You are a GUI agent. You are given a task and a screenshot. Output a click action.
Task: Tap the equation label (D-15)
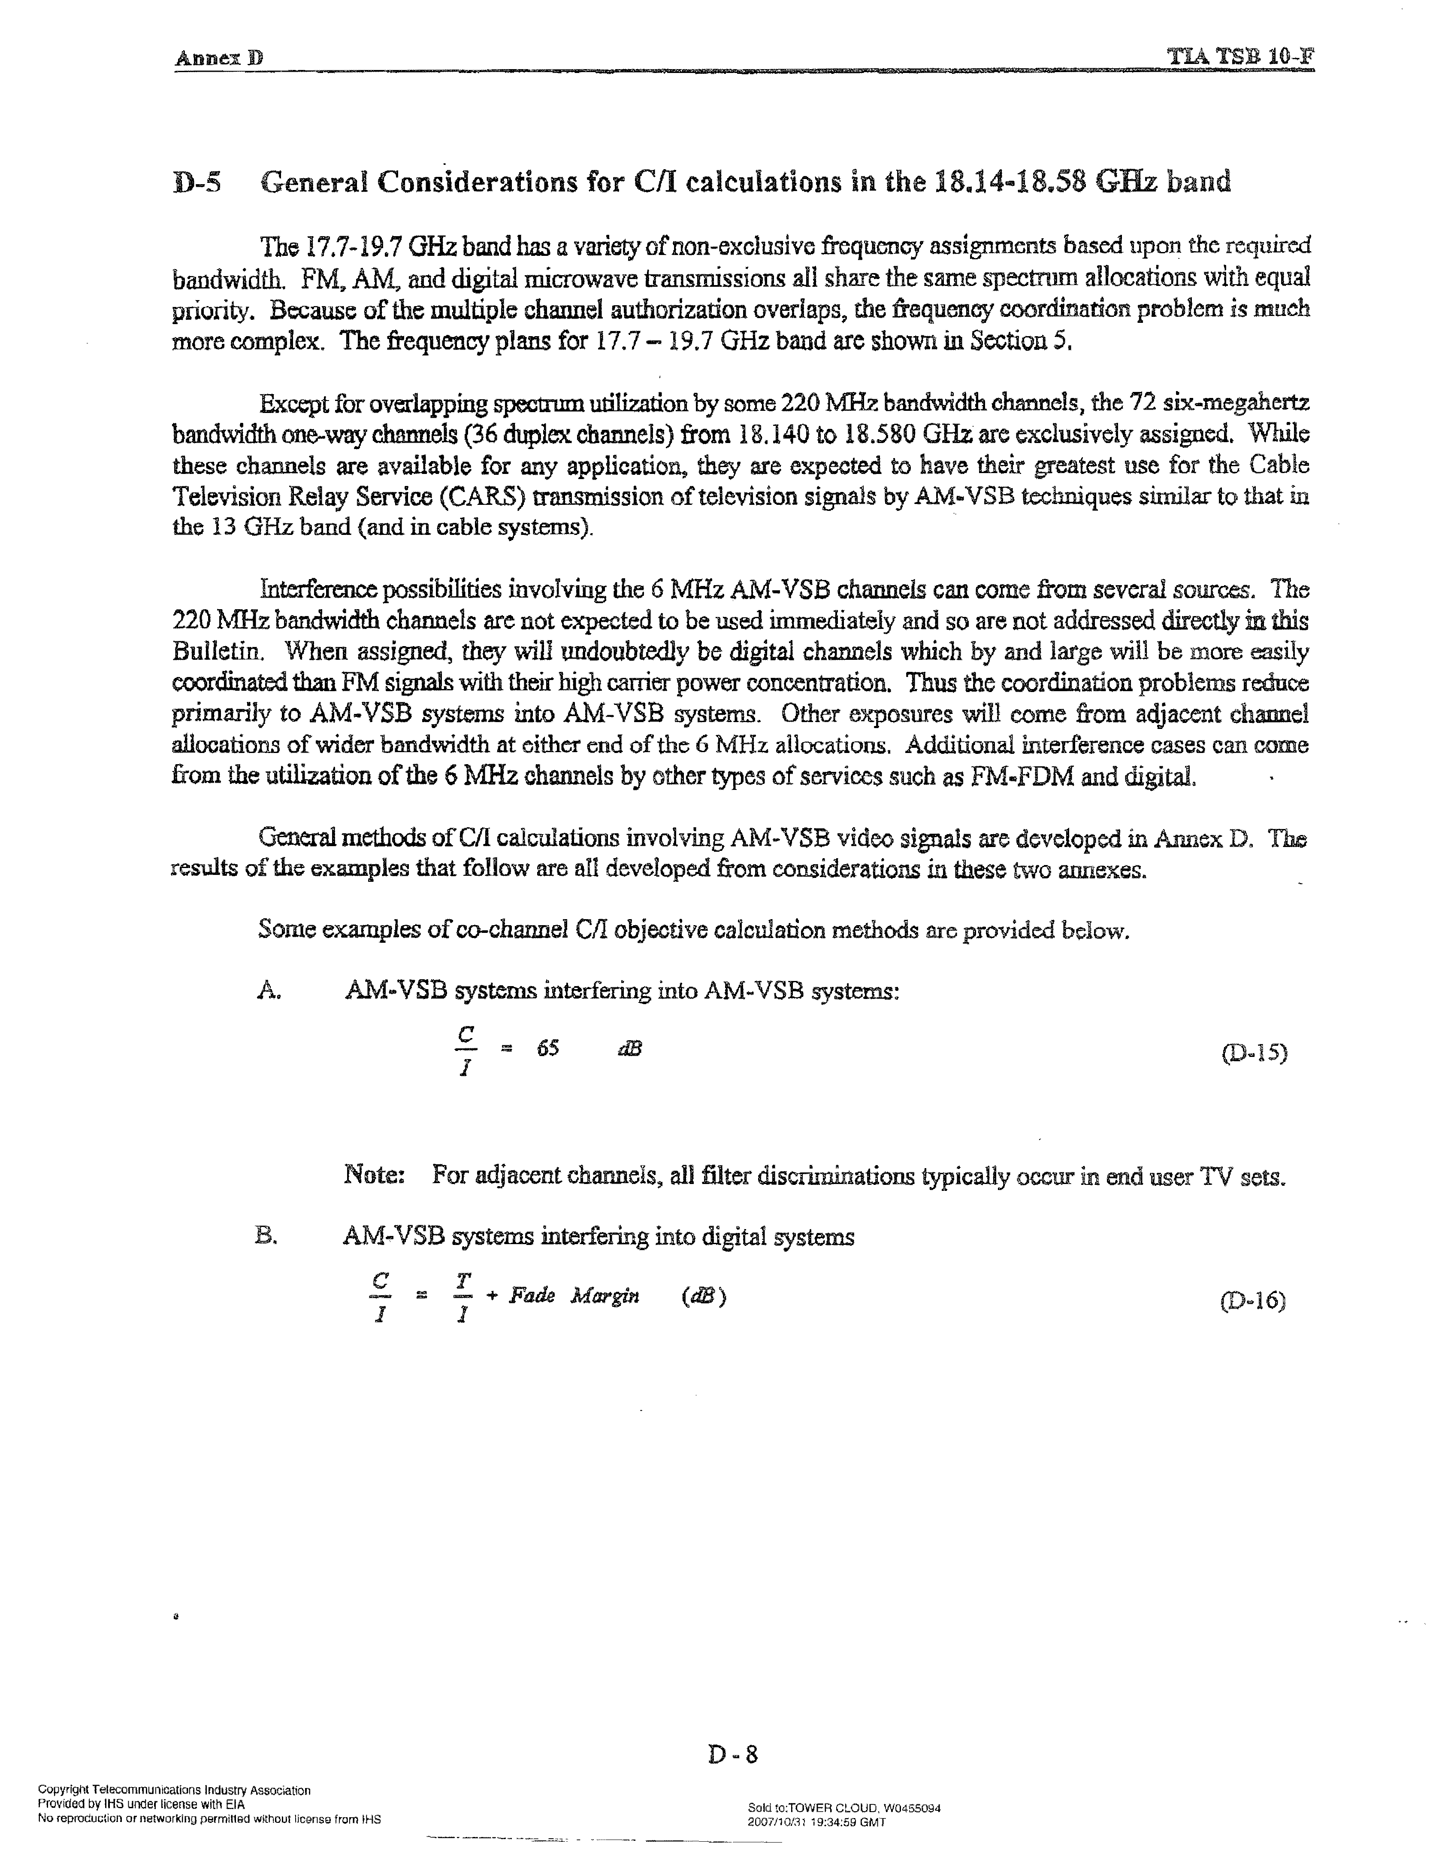point(1254,1054)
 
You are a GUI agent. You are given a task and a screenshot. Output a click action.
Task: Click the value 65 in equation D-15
point(547,1048)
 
